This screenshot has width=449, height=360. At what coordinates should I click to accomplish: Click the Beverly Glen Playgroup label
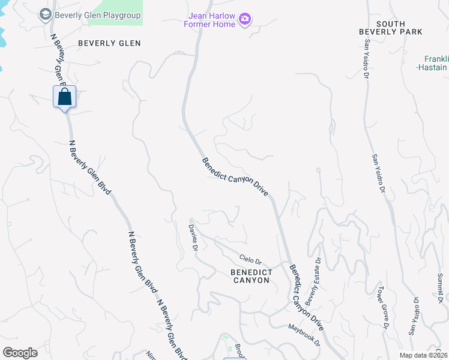click(x=98, y=15)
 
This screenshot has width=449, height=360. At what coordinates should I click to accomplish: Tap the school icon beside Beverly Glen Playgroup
click(x=45, y=15)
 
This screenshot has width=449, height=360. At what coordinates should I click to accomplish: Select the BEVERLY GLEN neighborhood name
click(x=109, y=43)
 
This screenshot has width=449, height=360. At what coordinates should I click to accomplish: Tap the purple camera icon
click(x=244, y=20)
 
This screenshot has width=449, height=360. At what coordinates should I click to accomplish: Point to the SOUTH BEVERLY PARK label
click(x=391, y=28)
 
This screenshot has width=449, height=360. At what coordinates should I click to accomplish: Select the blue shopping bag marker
click(x=64, y=97)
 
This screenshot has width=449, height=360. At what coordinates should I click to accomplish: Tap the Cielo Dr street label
click(x=251, y=260)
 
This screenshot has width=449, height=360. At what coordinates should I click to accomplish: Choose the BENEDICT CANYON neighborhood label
click(x=252, y=277)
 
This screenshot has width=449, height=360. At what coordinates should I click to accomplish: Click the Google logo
click(x=20, y=353)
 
